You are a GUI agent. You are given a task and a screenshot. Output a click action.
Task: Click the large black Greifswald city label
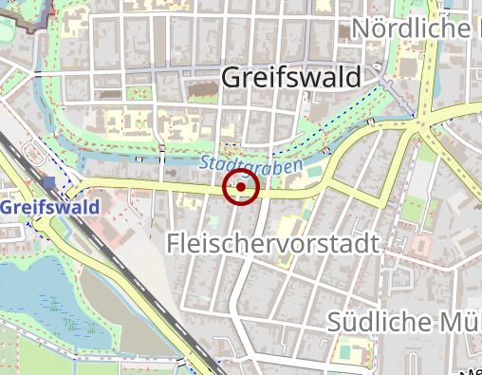[x=291, y=78]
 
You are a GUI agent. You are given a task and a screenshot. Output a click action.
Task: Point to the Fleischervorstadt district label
[x=272, y=244]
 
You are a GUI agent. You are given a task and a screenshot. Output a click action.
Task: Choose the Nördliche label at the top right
[x=413, y=28]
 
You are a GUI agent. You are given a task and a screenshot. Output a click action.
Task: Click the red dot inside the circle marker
[x=241, y=188]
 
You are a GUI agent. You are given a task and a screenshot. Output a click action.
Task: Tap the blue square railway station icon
[x=47, y=181]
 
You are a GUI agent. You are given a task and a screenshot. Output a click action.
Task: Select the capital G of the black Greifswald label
[x=233, y=78]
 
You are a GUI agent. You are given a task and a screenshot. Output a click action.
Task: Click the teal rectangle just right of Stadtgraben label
[x=314, y=171]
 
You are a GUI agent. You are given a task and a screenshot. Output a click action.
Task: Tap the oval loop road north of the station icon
[x=35, y=152]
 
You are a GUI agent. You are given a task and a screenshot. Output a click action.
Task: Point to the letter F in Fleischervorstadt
[x=175, y=244]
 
